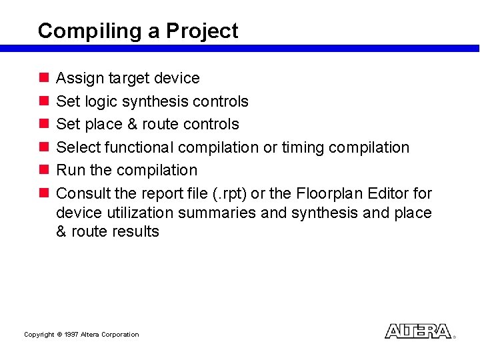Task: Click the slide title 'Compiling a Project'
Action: point(138,31)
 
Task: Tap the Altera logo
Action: point(418,331)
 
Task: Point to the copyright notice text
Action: point(81,335)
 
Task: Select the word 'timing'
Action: point(303,147)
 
